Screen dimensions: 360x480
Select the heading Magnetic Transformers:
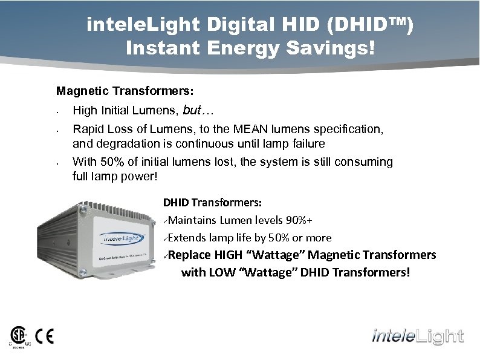(125, 91)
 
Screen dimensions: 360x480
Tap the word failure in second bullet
(306, 144)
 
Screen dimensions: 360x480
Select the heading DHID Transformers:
(212, 203)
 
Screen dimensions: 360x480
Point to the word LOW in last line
(223, 273)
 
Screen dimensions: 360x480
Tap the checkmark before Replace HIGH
(166, 256)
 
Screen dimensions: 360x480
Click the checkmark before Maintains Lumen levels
(166, 221)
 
